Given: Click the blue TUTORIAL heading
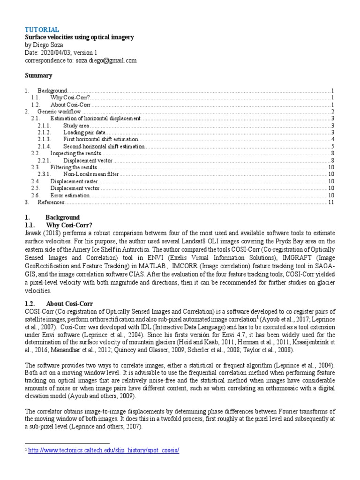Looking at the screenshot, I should pos(42,30).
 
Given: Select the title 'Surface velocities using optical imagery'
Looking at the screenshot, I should pos(79,37).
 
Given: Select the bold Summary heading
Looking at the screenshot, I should pos(38,75).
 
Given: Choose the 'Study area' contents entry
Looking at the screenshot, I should pos(76,126).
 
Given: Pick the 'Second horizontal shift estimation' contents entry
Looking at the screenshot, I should pos(104,147).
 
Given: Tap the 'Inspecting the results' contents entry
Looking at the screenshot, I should pos(76,154).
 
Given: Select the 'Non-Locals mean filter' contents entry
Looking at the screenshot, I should pos(91,174).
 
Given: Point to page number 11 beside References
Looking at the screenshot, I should pos(330,202).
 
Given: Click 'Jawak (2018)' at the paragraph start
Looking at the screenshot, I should pos(41,232).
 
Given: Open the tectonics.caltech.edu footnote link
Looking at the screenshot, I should pos(104,450).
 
